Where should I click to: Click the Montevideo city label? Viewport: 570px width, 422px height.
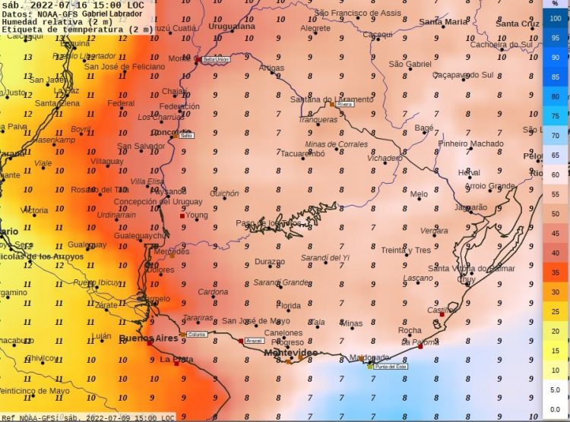tap(291, 354)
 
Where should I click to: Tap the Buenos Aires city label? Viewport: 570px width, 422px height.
tap(147, 339)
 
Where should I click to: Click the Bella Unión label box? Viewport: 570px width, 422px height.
tap(216, 59)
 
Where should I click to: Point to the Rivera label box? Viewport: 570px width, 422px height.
tap(345, 105)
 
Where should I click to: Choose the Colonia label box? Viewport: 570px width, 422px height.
tap(197, 335)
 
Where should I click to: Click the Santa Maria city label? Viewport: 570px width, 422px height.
tap(444, 22)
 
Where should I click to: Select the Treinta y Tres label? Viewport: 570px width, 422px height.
tap(406, 250)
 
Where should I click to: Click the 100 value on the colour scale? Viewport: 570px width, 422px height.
tap(555, 18)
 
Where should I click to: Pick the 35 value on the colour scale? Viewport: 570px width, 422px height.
tap(555, 272)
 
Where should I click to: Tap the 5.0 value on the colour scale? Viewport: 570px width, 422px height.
tap(555, 389)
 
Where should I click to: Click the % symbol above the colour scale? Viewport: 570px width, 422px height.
tap(555, 4)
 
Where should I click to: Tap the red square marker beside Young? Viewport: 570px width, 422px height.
tap(182, 216)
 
